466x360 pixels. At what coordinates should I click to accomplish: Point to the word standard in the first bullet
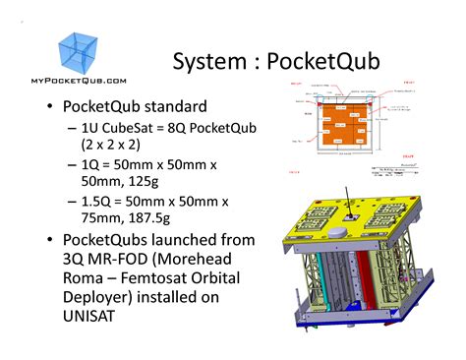180,106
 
